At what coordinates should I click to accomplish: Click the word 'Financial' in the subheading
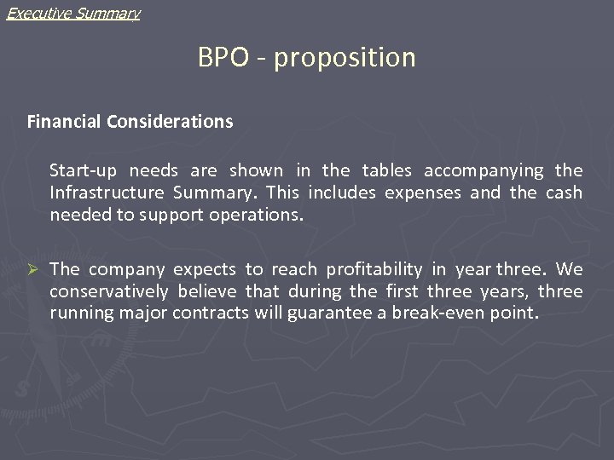coord(65,122)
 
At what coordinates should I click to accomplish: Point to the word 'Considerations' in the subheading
coord(170,122)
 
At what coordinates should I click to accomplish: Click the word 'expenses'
coord(423,193)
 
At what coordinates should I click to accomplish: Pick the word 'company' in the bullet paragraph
coord(128,270)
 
